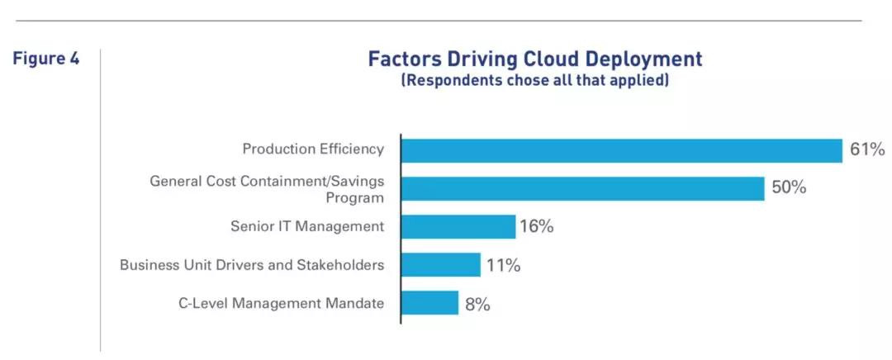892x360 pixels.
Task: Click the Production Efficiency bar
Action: point(621,150)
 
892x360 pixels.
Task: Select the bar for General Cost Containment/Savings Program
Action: point(582,188)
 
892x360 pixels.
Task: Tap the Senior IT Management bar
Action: point(458,227)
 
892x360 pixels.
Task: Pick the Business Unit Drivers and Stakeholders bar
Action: point(440,265)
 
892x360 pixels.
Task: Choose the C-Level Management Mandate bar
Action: point(429,303)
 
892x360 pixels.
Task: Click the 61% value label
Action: point(867,150)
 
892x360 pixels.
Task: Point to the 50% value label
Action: point(789,188)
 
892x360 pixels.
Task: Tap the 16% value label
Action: point(537,227)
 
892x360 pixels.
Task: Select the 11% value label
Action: point(503,265)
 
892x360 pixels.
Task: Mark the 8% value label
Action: point(477,304)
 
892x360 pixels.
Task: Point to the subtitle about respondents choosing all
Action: point(534,81)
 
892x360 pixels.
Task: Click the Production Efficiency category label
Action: point(313,149)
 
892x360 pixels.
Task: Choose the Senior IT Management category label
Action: point(307,226)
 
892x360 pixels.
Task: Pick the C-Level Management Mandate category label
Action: point(281,303)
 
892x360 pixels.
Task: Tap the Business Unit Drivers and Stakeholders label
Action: point(252,265)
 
